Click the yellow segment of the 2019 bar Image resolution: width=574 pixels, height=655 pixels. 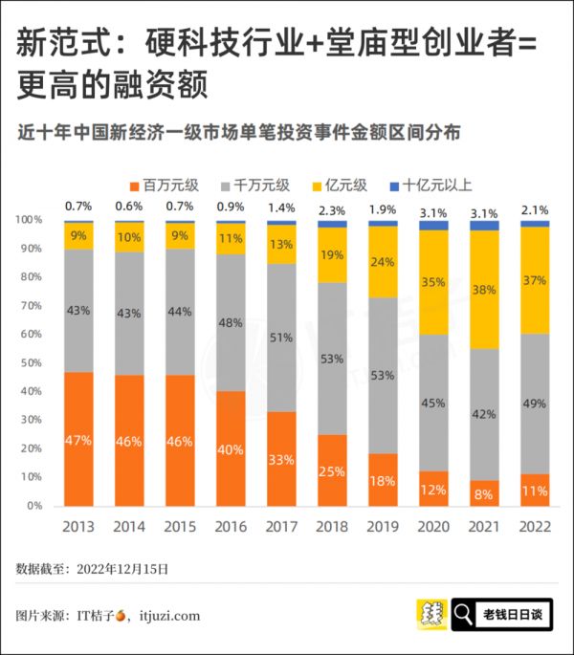coord(383,261)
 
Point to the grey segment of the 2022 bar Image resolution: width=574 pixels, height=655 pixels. coord(535,402)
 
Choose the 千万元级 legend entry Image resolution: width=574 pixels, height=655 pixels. coord(253,186)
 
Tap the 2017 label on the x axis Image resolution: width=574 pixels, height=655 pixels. coord(281,527)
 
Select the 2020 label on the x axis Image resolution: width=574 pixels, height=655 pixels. coord(433,527)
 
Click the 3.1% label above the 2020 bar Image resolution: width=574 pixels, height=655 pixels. coord(433,213)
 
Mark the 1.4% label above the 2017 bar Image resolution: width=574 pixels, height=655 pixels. coord(281,207)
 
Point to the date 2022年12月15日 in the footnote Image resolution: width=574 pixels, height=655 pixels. coord(121,568)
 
